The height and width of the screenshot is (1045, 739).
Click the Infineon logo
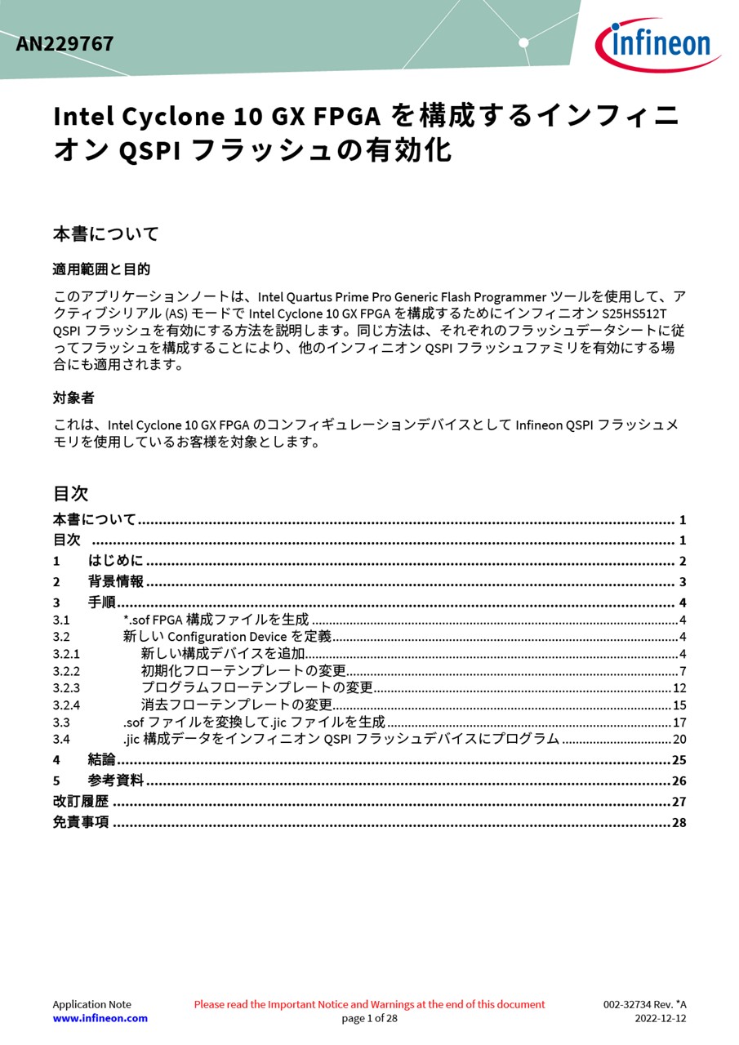[x=657, y=44]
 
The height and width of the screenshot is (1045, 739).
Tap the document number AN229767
[x=65, y=44]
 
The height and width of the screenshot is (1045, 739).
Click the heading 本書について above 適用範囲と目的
[x=106, y=234]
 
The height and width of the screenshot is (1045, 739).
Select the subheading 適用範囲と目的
[x=101, y=269]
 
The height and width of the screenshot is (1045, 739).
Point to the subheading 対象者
[x=73, y=398]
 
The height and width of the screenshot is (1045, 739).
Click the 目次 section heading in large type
[x=70, y=493]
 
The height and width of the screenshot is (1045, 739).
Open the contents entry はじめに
[x=115, y=561]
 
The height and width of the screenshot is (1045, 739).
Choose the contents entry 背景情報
[x=115, y=581]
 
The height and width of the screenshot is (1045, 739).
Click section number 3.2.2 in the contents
[x=66, y=671]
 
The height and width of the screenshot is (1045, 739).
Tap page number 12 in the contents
[x=679, y=688]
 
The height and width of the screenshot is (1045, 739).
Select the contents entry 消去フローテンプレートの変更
[x=237, y=705]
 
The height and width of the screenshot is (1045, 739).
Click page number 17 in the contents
[x=679, y=723]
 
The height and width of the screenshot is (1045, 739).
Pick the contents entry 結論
[x=101, y=760]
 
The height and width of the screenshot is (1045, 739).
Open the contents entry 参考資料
[x=115, y=780]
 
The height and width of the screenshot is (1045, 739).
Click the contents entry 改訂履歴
[x=81, y=802]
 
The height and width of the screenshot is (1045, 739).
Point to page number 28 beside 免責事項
[x=679, y=823]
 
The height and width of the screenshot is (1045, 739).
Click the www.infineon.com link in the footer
[x=100, y=1018]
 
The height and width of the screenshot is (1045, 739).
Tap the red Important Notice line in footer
[x=369, y=1004]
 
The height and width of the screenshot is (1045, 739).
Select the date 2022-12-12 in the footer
[x=661, y=1018]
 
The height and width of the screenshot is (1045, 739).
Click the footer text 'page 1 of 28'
[x=369, y=1018]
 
